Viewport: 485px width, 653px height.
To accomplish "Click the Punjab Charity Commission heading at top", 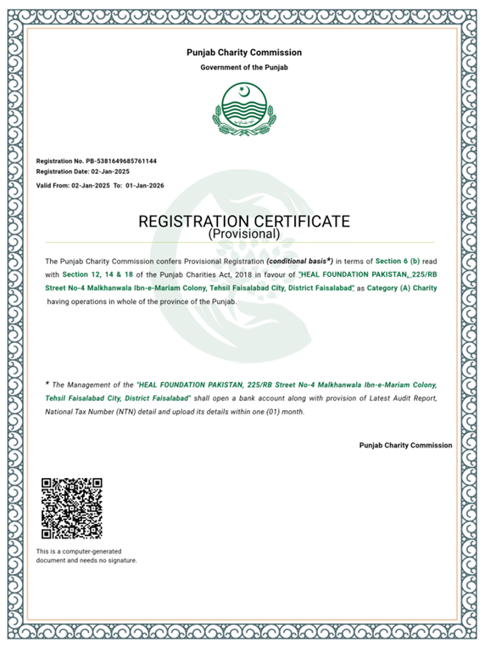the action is tap(243, 53).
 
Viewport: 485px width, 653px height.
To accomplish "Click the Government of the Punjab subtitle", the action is tap(243, 67).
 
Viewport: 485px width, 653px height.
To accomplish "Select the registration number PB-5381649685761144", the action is tap(121, 160).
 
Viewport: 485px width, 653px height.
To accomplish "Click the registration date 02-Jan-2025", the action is tap(110, 172).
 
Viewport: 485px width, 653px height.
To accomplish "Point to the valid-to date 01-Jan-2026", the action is tap(144, 185).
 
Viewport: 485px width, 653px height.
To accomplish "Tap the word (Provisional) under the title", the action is tap(243, 233).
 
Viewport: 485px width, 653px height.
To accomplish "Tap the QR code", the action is tap(72, 509).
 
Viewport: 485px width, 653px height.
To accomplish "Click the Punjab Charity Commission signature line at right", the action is tap(405, 445).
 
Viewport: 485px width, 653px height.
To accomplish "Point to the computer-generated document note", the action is tap(86, 556).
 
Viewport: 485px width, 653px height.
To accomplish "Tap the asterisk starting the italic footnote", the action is tap(47, 384).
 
